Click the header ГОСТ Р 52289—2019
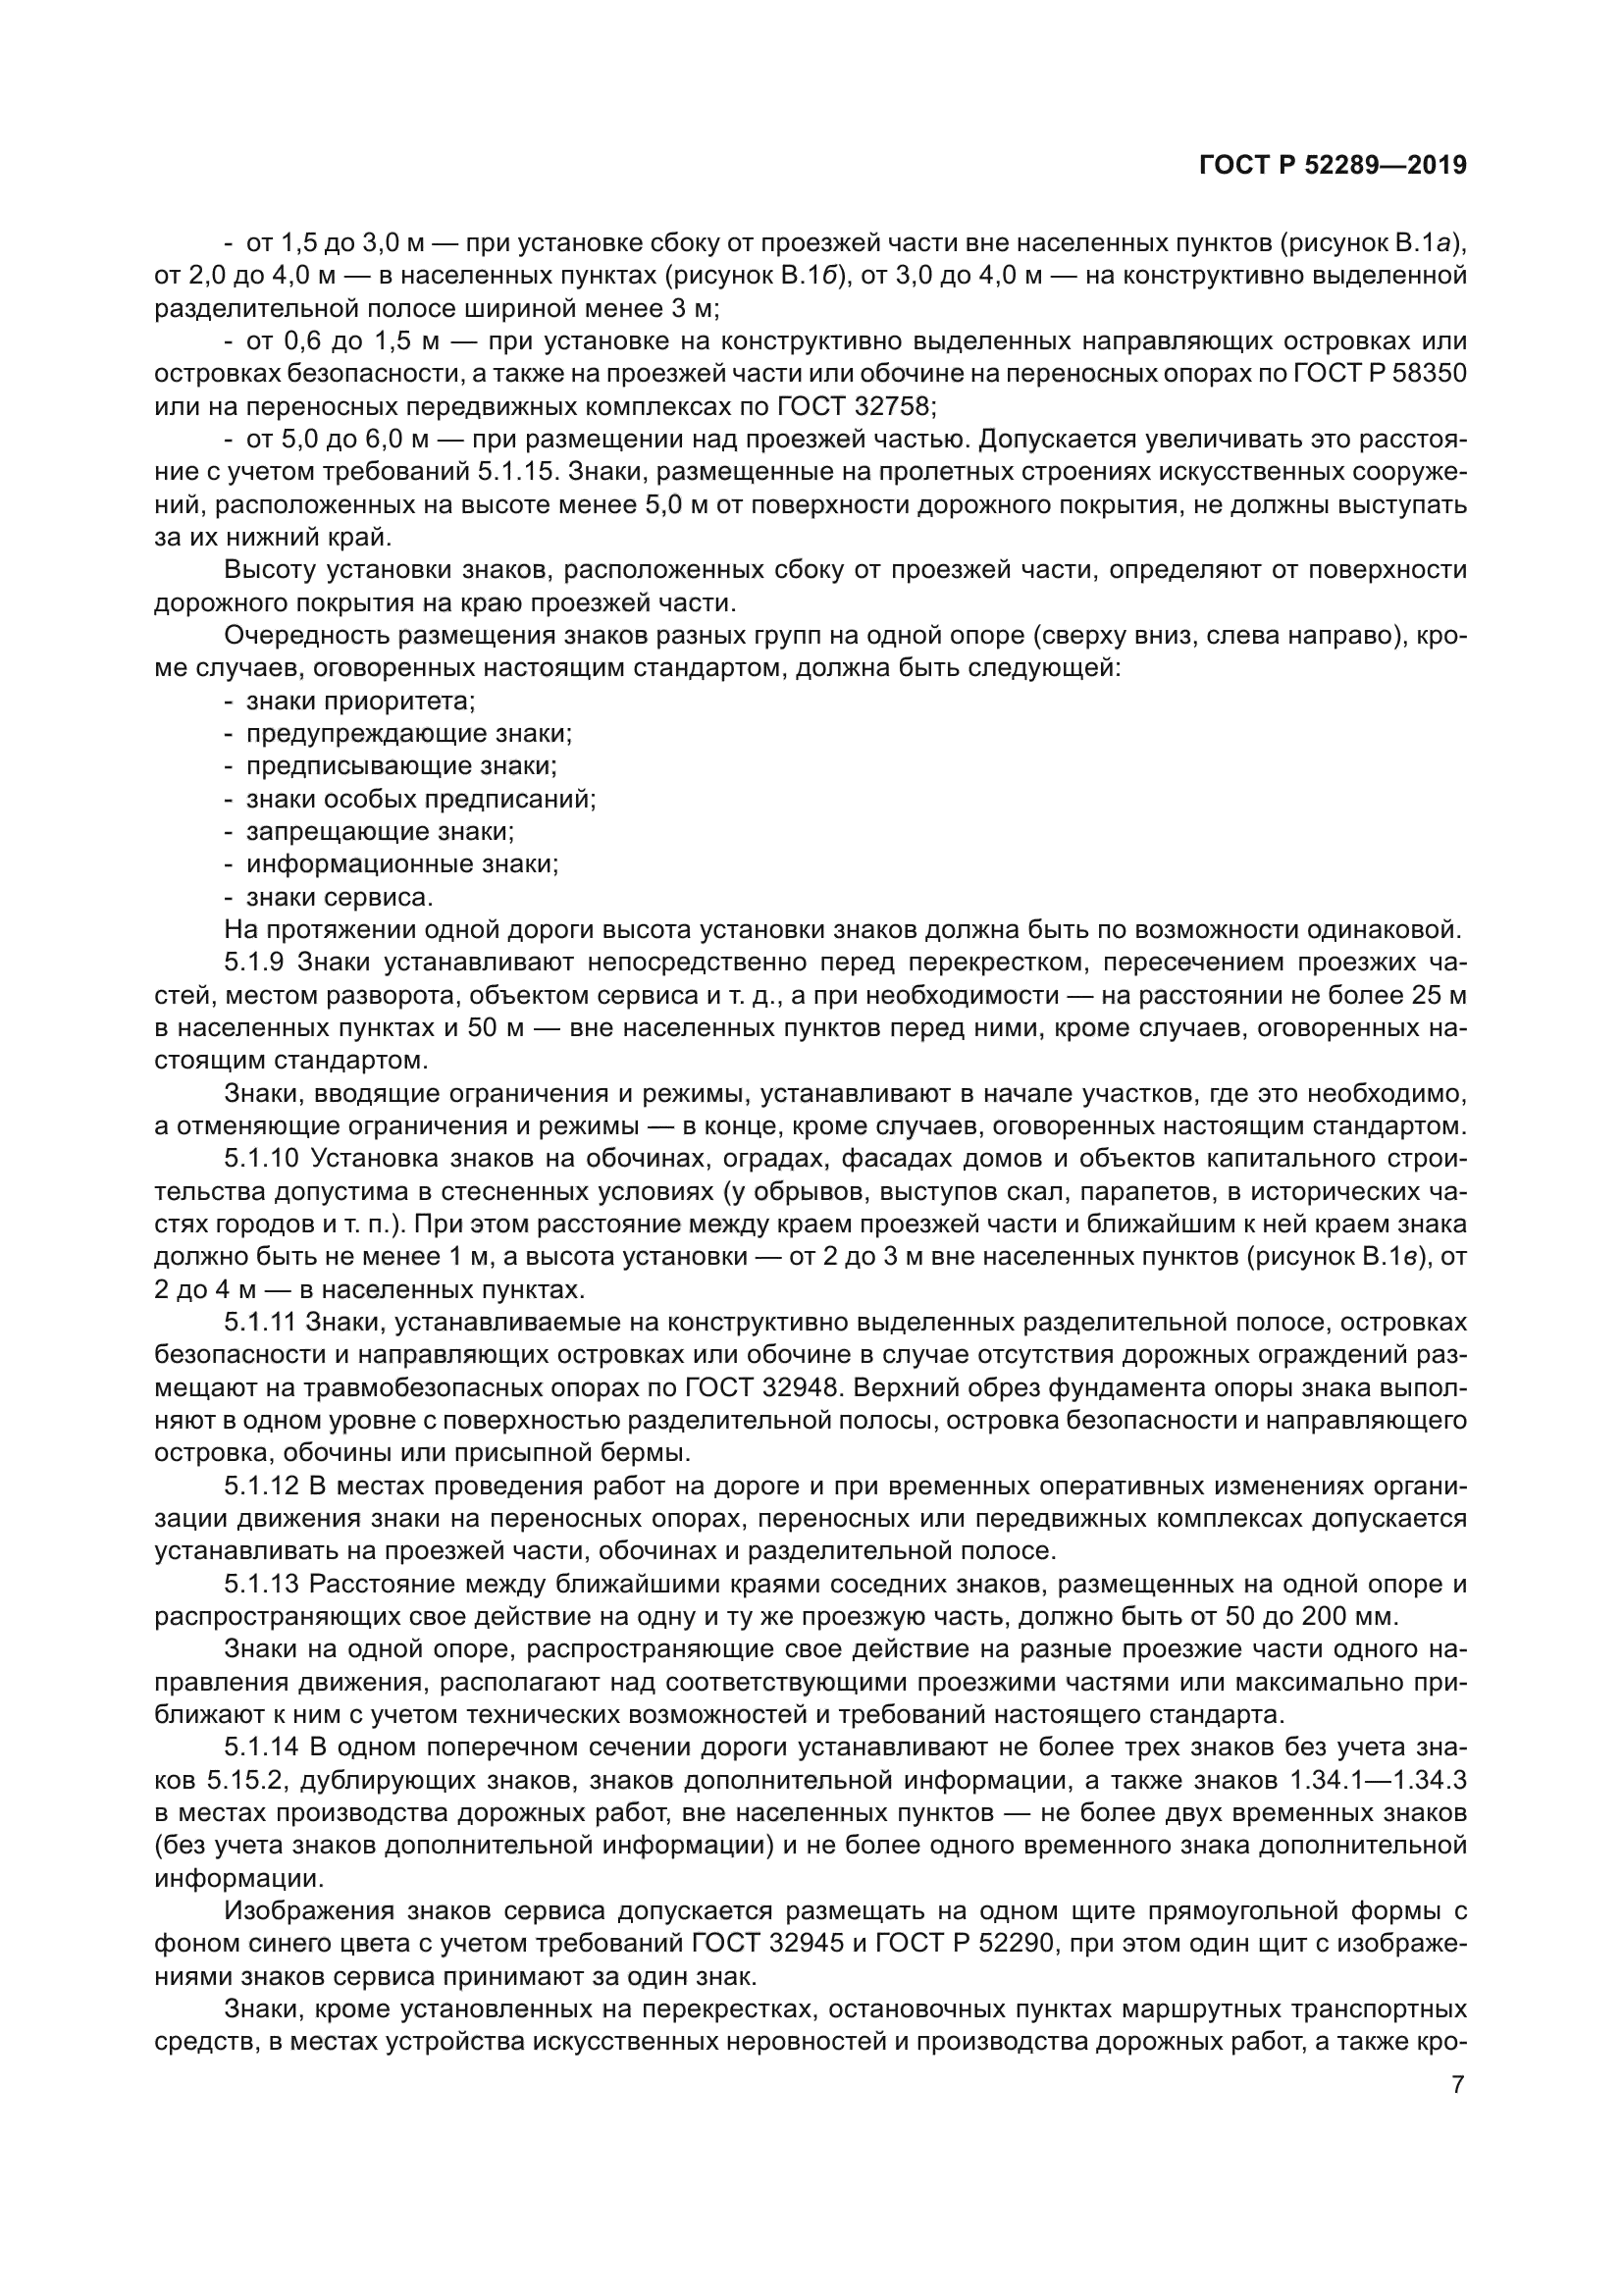pos(1333,166)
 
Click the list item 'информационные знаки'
pos(401,863)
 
